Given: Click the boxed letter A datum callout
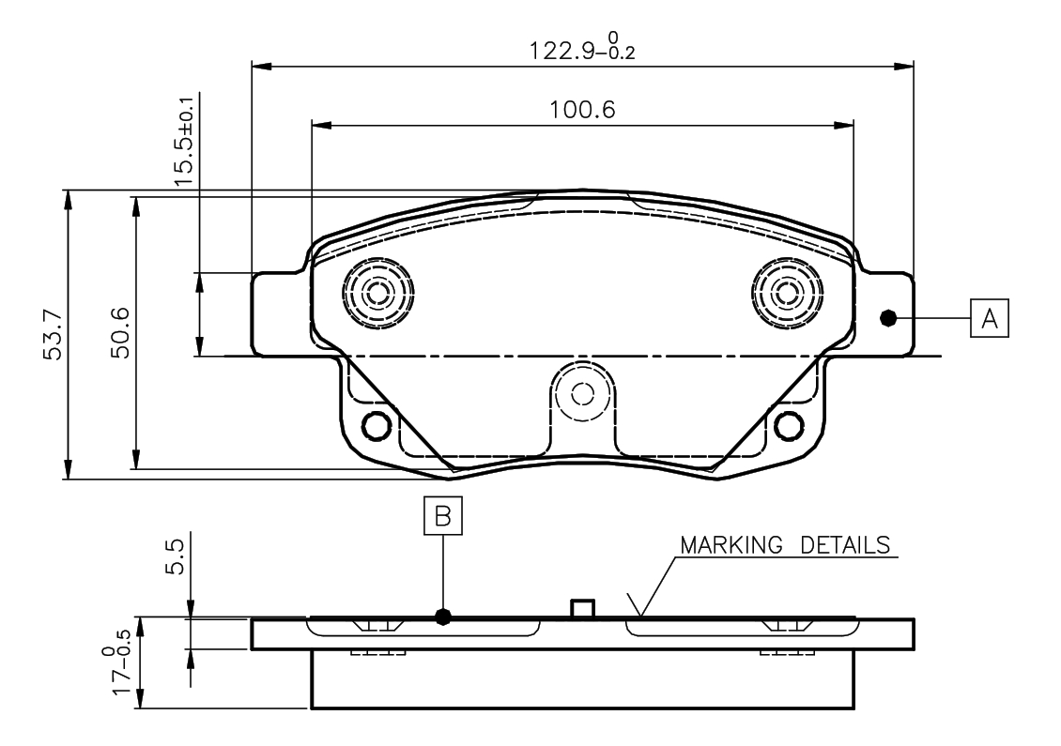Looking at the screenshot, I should (989, 318).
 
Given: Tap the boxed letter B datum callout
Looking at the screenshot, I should (443, 515).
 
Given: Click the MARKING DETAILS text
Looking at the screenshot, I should (785, 545).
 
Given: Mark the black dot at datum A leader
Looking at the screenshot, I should (887, 318).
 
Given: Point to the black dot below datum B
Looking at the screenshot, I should (443, 617).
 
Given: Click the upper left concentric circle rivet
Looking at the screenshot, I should (378, 293).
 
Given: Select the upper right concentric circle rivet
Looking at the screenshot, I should (787, 293).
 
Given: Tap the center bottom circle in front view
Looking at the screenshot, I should (582, 393).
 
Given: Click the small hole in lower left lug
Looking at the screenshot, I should (377, 426).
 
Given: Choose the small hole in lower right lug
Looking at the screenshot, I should (789, 426).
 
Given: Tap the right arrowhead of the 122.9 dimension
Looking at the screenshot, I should (903, 67).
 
